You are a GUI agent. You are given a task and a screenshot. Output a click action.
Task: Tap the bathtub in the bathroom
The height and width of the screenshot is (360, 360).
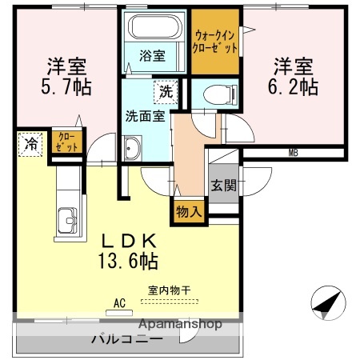[155, 30]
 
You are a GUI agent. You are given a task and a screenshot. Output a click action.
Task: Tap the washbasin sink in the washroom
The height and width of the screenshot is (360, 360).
[131, 148]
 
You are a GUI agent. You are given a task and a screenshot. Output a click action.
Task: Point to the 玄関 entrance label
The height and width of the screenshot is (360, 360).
[223, 186]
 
